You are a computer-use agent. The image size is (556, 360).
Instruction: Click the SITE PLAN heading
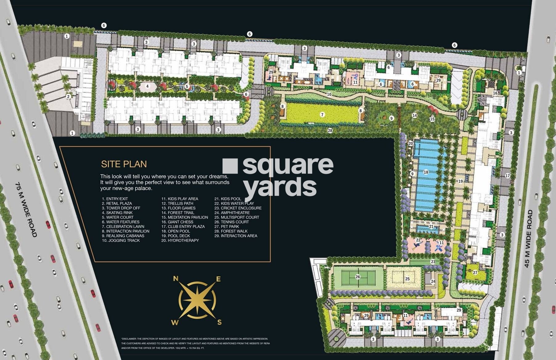124,164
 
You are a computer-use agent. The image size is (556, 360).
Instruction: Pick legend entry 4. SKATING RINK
117,213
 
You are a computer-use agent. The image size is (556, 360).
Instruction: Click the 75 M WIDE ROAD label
26,209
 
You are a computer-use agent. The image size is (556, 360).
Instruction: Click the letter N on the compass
176,279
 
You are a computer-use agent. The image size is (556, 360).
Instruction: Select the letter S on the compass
219,322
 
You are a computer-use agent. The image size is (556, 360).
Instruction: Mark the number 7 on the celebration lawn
322,115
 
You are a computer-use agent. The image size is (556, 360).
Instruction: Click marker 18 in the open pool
426,172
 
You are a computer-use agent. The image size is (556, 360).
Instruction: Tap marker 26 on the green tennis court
358,277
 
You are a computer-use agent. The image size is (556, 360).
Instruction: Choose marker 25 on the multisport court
407,279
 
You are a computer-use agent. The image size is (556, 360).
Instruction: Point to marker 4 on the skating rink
147,86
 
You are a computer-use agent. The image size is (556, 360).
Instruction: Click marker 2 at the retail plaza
68,96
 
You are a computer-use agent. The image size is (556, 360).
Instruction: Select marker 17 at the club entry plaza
507,176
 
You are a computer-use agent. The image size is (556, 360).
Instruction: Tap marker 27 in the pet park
475,272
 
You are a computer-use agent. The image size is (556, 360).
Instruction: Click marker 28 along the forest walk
330,131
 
